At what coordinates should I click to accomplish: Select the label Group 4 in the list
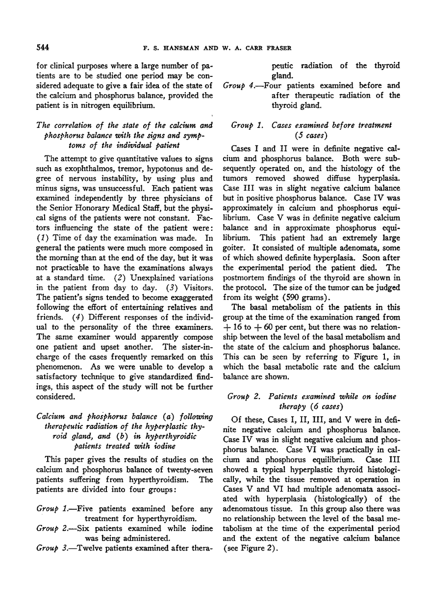[x=238, y=85]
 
